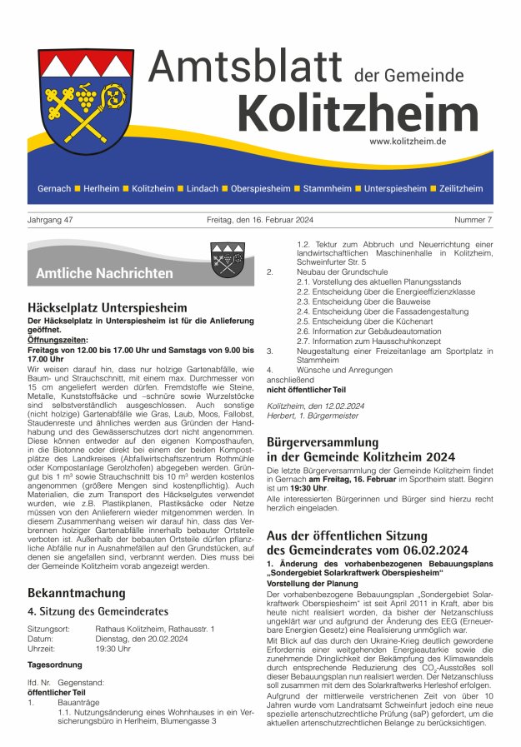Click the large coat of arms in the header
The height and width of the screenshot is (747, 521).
point(86,106)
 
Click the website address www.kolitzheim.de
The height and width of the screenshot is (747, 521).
point(408,142)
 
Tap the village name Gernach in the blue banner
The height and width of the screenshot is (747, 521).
point(54,189)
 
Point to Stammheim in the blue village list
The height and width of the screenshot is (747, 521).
point(327,189)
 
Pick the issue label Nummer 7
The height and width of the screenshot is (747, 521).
point(473,220)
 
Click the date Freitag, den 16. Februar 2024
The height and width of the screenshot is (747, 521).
point(260,220)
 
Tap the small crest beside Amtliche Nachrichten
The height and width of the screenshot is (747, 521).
point(227,261)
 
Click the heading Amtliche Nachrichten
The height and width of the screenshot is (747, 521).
point(104,273)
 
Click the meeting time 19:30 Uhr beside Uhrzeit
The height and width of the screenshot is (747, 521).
point(113,648)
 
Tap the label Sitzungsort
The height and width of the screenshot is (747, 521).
point(48,628)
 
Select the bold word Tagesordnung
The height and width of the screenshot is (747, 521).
point(55,665)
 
